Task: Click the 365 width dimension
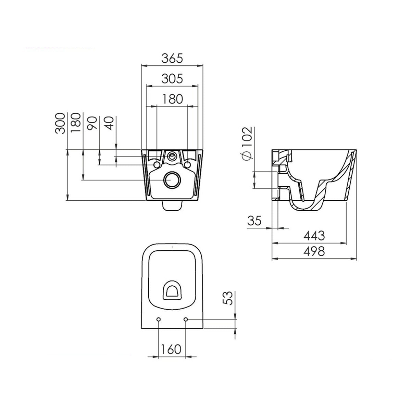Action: tap(173, 59)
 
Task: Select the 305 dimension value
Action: tap(173, 79)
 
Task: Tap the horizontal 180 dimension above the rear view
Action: tap(173, 99)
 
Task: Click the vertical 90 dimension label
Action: tap(92, 123)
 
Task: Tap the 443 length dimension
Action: tap(314, 236)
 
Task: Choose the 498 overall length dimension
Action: tap(314, 252)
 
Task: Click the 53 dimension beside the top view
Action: tap(228, 298)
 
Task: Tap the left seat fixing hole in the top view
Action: tap(158, 320)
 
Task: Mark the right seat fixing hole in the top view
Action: tap(186, 320)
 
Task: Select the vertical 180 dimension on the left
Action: tap(76, 123)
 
